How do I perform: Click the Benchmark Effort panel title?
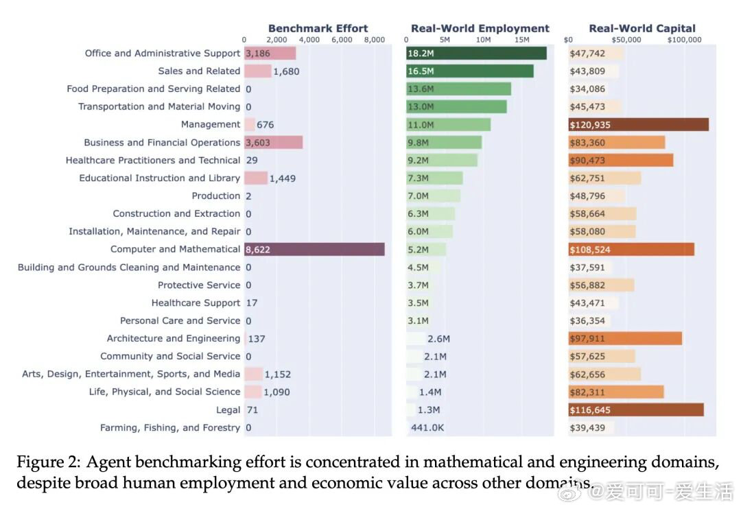[318, 28]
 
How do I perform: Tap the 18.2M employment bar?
[476, 54]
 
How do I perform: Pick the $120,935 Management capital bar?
[638, 125]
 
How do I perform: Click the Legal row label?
[228, 410]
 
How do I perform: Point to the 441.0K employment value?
[427, 427]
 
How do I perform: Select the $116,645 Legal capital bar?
[635, 410]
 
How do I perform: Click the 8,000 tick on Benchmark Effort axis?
[374, 40]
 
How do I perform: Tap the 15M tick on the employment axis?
[522, 40]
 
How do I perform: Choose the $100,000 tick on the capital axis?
[684, 40]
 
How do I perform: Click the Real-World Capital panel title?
[642, 28]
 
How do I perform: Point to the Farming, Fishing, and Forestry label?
[170, 427]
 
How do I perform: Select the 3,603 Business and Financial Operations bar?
[273, 143]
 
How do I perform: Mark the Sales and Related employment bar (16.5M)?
[469, 71]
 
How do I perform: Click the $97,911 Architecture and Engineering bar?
[624, 339]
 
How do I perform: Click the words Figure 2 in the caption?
[45, 462]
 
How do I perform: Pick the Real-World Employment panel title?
[480, 28]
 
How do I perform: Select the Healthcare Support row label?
[196, 303]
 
